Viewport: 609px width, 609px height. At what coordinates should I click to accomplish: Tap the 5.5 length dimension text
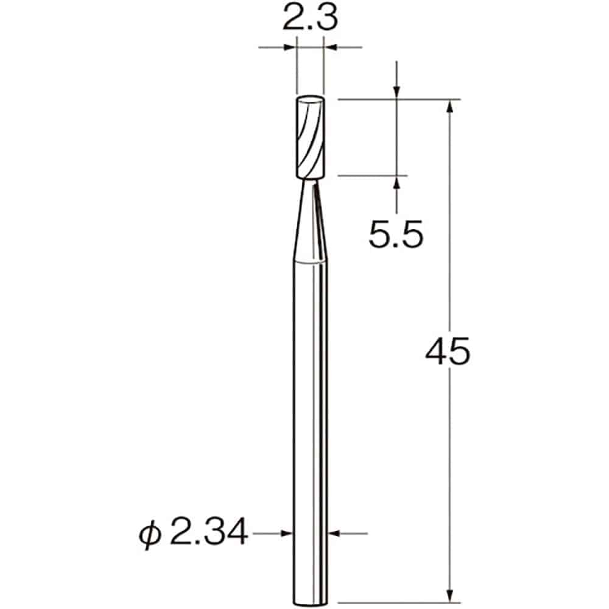click(x=395, y=233)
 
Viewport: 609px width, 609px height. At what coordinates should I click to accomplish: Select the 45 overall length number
click(x=448, y=353)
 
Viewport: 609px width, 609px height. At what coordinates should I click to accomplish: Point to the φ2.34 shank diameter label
click(x=194, y=533)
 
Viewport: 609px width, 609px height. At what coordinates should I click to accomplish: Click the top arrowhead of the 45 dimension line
click(x=450, y=105)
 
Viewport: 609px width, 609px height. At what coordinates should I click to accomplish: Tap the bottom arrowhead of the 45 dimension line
click(x=450, y=594)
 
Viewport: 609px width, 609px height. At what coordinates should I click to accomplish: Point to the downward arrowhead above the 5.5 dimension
click(x=396, y=92)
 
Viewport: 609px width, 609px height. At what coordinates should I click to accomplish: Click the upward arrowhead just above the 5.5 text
click(x=396, y=182)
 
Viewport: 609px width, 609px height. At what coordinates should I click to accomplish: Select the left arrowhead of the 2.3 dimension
click(x=290, y=46)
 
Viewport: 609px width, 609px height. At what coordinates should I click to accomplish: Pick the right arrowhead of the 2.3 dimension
click(x=330, y=46)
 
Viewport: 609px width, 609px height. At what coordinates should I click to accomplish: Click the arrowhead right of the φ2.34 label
click(x=287, y=533)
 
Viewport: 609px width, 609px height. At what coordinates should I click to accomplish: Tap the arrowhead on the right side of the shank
click(x=334, y=533)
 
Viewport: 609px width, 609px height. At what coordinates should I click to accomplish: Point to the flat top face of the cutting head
click(x=310, y=100)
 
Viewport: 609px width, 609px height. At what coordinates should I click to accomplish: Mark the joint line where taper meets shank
click(x=310, y=260)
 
